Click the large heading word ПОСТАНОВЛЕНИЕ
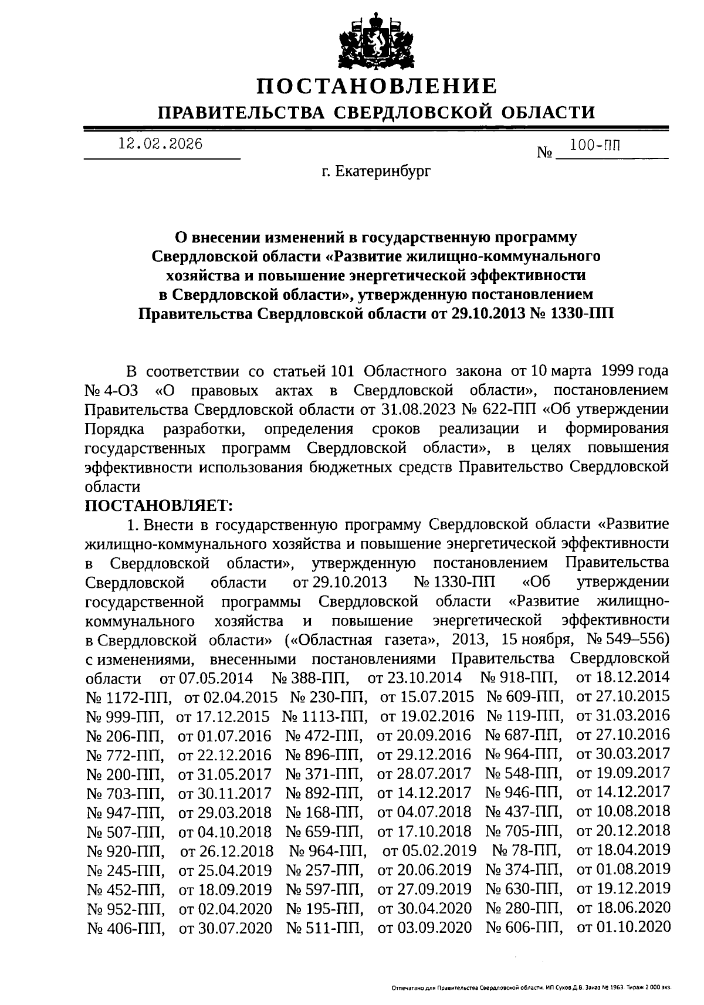tap(376, 87)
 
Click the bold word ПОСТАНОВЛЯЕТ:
tap(159, 505)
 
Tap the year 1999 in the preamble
tap(613, 371)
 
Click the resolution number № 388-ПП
tap(310, 678)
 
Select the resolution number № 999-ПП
tap(125, 716)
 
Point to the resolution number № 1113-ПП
tap(325, 716)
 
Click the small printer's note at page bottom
tap(531, 988)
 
